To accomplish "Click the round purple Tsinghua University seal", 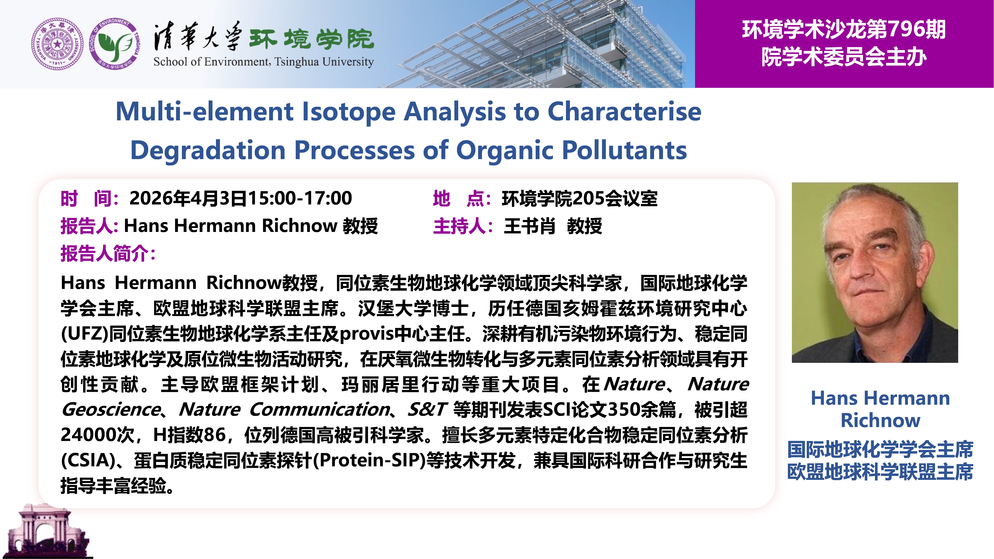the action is [x=57, y=44].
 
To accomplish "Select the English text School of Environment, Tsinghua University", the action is [x=264, y=62].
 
